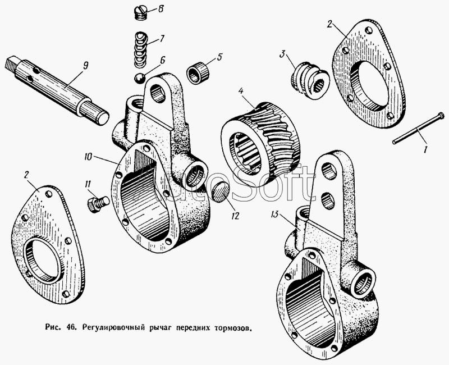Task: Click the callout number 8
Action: (x=161, y=9)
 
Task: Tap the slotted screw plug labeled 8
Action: (x=141, y=11)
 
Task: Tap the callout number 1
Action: (x=425, y=150)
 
